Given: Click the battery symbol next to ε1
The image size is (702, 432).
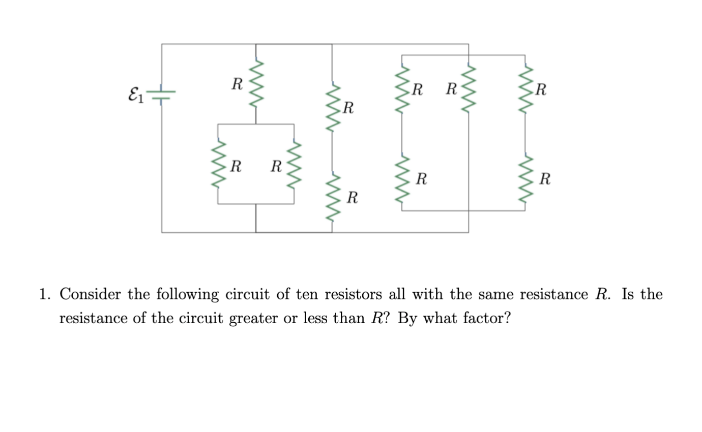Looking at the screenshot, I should pos(162,95).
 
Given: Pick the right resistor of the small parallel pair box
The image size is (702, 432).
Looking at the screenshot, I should pos(294,165).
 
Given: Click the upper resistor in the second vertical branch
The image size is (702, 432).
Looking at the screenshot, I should pos(332,108).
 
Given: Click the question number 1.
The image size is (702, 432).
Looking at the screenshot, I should pos(45,295).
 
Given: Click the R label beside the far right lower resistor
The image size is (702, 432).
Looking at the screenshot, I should pos(545,179).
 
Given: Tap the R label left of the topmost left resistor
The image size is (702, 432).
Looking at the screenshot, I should pos(237,84).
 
